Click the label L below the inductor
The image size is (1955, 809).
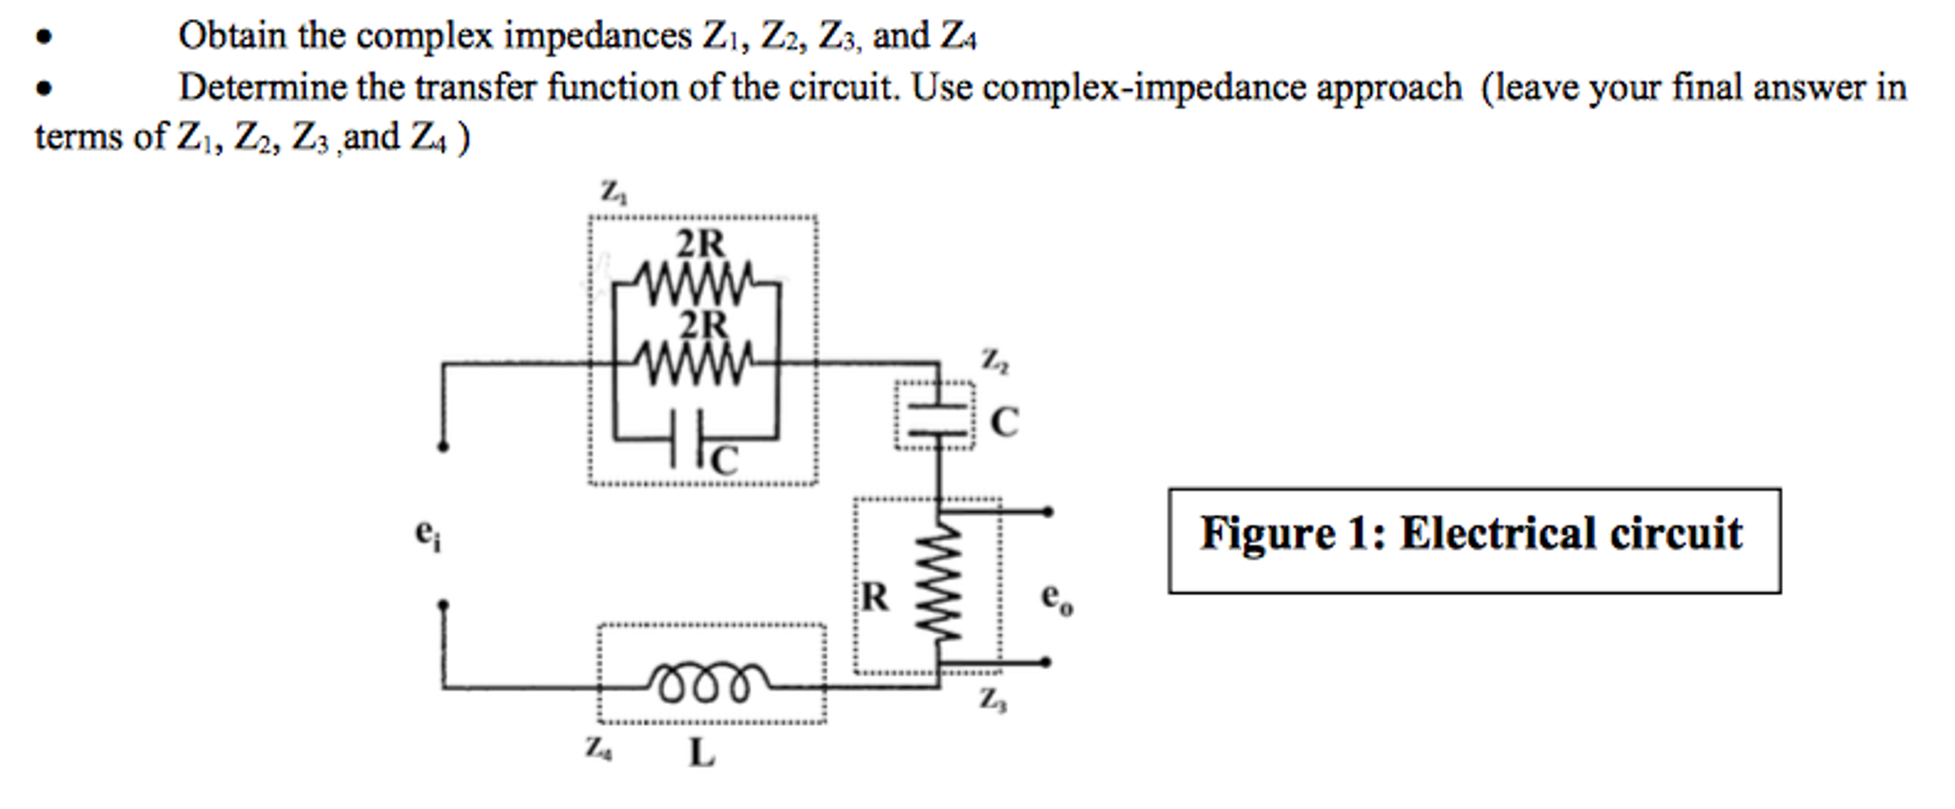coord(700,754)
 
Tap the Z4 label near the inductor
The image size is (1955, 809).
coord(599,748)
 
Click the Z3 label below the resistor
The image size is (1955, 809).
coord(992,700)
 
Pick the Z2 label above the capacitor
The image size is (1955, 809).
coord(994,360)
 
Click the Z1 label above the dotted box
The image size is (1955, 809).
coord(612,192)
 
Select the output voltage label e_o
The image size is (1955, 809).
coord(1056,599)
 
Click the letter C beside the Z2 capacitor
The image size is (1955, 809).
coord(1004,422)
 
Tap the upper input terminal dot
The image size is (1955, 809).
coord(442,446)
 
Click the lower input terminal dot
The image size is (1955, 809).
coord(442,605)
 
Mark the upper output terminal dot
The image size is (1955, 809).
coord(1048,512)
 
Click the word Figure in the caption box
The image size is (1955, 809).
coord(1267,533)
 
